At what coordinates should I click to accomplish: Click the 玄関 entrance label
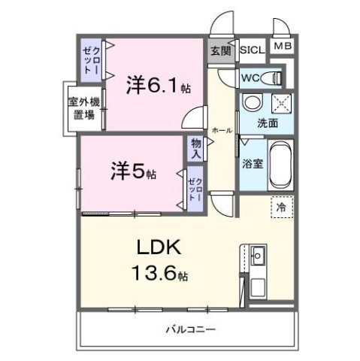point(220,51)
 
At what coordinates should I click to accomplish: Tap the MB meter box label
point(283,47)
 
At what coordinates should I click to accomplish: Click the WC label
point(250,76)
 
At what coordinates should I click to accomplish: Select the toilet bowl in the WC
point(274,76)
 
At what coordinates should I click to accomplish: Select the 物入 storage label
point(196,147)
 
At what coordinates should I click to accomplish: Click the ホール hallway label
point(222,129)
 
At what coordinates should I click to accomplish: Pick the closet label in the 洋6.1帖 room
point(89,57)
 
